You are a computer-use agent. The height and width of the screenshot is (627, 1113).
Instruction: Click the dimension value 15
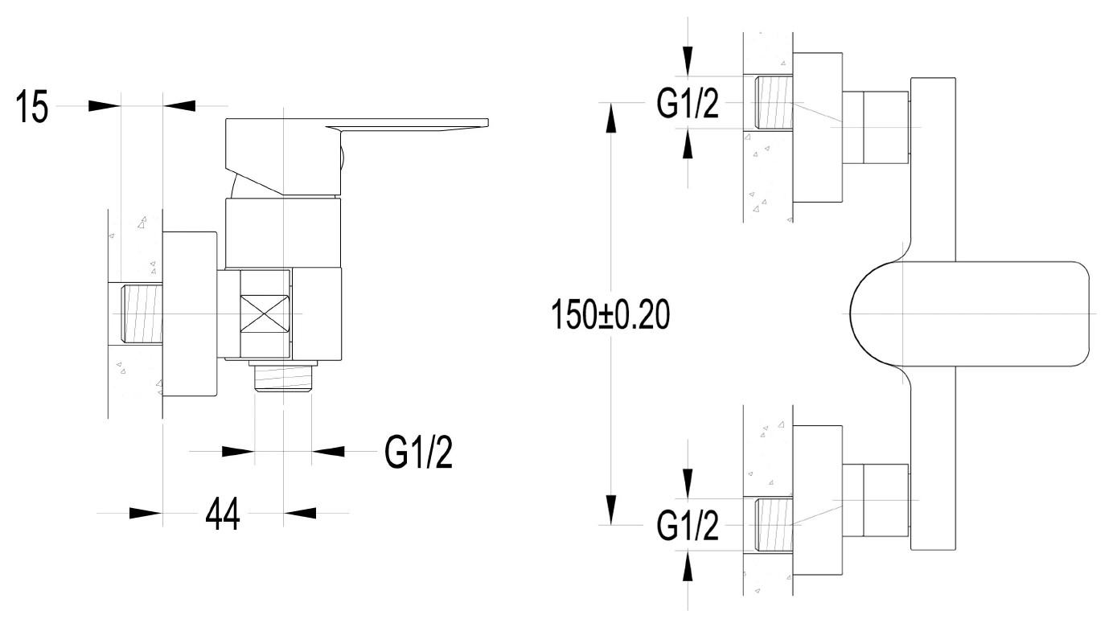pos(32,106)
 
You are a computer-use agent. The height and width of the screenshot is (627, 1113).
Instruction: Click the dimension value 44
pos(223,514)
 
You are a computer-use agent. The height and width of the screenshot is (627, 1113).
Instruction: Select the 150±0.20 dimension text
pos(610,314)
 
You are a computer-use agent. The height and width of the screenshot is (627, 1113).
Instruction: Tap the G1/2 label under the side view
pos(418,452)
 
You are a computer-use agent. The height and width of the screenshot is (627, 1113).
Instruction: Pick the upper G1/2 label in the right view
pos(688,103)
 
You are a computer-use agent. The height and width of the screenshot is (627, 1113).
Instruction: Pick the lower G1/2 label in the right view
pos(688,525)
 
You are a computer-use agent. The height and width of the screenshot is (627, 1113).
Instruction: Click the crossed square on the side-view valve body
pos(265,314)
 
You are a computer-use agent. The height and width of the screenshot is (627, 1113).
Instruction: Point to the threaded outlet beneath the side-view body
pos(283,377)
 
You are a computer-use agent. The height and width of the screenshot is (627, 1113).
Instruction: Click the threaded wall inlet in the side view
pos(142,313)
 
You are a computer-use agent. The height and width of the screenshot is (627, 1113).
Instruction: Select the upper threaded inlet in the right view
pos(774,103)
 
